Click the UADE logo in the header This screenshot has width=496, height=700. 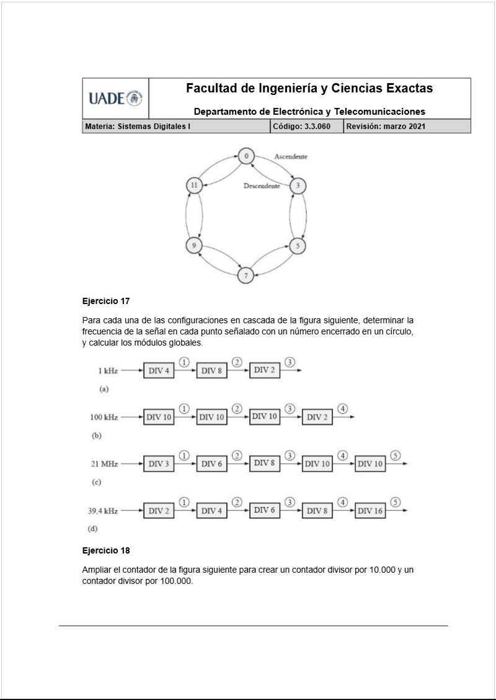(x=115, y=98)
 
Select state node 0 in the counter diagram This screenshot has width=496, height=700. (x=246, y=156)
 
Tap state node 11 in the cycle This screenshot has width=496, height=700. (x=194, y=185)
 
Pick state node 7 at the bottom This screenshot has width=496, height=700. (x=246, y=274)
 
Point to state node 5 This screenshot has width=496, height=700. (x=298, y=246)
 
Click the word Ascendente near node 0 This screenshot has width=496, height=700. (x=291, y=157)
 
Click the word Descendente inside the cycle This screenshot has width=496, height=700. (x=262, y=186)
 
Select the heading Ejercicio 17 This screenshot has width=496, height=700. (x=106, y=301)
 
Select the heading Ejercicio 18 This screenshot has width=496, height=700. (x=106, y=550)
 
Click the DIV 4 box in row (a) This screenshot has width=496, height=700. (x=159, y=370)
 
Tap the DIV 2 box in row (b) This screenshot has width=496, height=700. (x=317, y=417)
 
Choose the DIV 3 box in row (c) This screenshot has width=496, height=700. (x=159, y=464)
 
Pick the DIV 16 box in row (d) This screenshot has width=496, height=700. (x=370, y=511)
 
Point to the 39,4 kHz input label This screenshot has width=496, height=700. (x=103, y=511)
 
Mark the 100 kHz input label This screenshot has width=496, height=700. (x=104, y=417)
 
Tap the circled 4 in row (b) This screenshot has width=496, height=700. (x=343, y=408)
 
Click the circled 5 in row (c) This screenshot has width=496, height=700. (x=396, y=455)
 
